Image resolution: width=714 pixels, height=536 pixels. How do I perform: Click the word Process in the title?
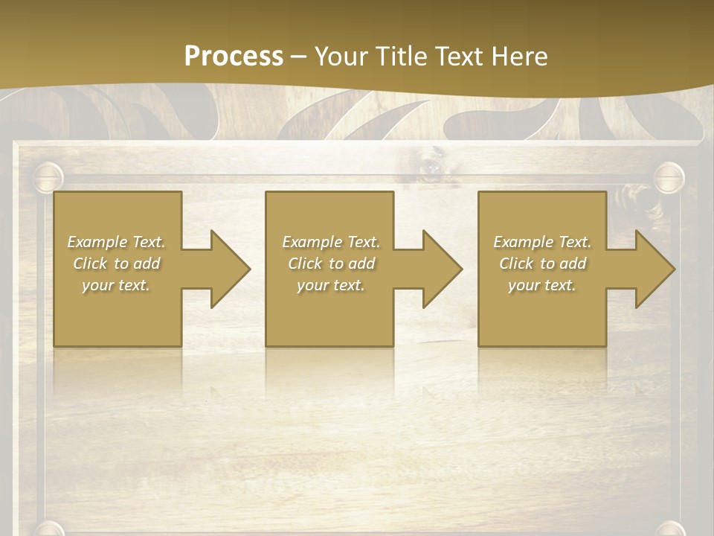point(234,56)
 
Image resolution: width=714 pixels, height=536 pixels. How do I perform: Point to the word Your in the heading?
point(343,56)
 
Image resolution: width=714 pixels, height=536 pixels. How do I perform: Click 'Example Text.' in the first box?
point(116,242)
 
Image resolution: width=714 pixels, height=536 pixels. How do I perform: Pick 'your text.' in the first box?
point(116,285)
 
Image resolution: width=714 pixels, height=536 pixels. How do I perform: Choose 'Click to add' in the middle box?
point(331,264)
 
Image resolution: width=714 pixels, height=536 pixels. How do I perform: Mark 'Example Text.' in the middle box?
point(331,242)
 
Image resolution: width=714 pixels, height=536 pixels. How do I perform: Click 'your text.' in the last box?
point(542,285)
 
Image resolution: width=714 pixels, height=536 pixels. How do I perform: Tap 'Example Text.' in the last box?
point(542,242)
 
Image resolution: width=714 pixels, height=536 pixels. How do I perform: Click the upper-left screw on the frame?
point(49,177)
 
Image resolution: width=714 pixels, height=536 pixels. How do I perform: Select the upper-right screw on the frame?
point(668,177)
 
